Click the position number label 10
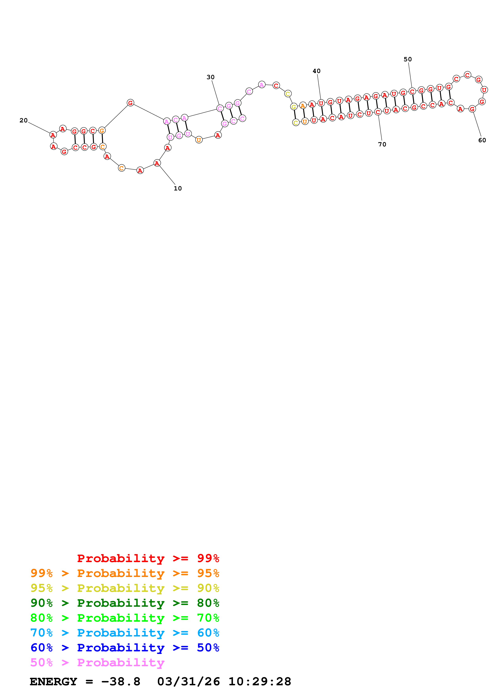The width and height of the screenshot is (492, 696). [178, 188]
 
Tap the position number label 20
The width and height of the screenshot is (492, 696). [24, 121]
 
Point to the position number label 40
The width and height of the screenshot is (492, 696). [317, 71]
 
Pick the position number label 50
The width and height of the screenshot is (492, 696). [408, 59]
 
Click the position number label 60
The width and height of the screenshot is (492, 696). [482, 140]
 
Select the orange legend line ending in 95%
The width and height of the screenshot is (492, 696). [125, 573]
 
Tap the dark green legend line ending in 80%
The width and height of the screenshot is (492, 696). [125, 603]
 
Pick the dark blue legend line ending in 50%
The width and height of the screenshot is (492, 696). [125, 648]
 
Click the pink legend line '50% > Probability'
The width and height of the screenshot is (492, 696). [97, 662]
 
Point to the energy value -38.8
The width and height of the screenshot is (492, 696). [121, 682]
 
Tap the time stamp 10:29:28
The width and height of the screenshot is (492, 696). [260, 682]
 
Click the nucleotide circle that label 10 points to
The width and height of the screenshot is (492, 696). [157, 163]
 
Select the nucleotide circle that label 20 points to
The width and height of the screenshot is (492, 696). [53, 135]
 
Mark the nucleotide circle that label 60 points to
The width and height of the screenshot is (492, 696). [472, 109]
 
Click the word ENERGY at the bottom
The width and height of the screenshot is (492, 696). [53, 682]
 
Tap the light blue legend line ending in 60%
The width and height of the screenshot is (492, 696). [125, 633]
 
